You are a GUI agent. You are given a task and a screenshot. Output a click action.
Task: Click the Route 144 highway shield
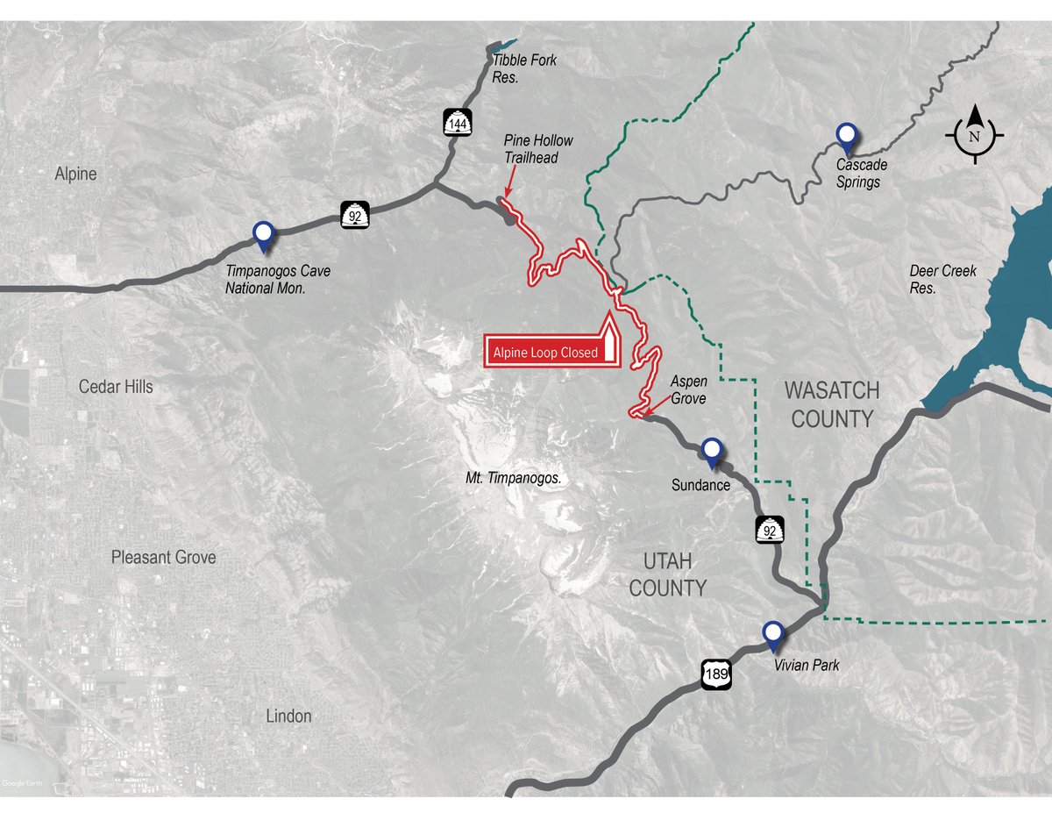pyautogui.click(x=457, y=123)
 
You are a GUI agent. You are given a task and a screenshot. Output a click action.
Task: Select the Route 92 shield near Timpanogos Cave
pyautogui.click(x=355, y=213)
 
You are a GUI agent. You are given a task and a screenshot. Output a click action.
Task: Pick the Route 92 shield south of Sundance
pyautogui.click(x=770, y=530)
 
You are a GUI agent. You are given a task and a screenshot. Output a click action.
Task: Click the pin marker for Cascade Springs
pyautogui.click(x=846, y=135)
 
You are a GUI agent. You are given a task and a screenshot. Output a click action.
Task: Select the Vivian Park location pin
pyautogui.click(x=772, y=634)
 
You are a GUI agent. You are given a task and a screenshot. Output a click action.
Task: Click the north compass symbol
pyautogui.click(x=974, y=135)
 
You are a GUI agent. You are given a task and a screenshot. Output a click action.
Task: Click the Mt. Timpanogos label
pyautogui.click(x=514, y=479)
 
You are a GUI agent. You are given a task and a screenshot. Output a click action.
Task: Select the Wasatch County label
pyautogui.click(x=832, y=404)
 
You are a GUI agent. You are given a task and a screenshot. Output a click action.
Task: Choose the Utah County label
pyautogui.click(x=667, y=574)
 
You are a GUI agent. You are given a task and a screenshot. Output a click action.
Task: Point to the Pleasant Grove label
pyautogui.click(x=163, y=557)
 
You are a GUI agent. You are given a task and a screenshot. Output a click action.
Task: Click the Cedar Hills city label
pyautogui.click(x=116, y=386)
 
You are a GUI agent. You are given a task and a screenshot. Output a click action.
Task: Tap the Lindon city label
pyautogui.click(x=288, y=716)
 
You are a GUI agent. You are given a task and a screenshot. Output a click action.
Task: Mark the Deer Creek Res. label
pyautogui.click(x=942, y=279)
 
